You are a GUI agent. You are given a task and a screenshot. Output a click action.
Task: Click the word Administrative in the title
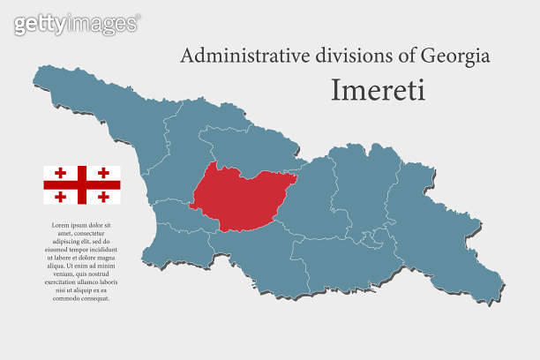(235, 56)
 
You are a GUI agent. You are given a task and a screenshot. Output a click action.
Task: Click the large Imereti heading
(378, 90)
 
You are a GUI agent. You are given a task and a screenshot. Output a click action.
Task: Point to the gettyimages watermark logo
(77, 24)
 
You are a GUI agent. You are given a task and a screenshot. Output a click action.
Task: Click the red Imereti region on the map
(241, 197)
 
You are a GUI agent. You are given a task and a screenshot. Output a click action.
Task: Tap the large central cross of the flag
(82, 184)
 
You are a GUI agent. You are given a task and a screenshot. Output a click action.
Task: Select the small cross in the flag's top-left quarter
(61, 173)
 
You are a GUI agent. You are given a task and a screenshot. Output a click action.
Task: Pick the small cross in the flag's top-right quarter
(103, 173)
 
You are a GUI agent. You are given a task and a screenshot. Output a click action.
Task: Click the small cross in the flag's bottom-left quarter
(61, 196)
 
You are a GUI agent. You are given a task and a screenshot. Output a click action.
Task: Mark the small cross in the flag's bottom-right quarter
(103, 196)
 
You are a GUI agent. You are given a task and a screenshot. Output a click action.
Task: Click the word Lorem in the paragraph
(57, 225)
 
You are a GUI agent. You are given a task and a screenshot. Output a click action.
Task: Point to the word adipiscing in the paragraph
(67, 240)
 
